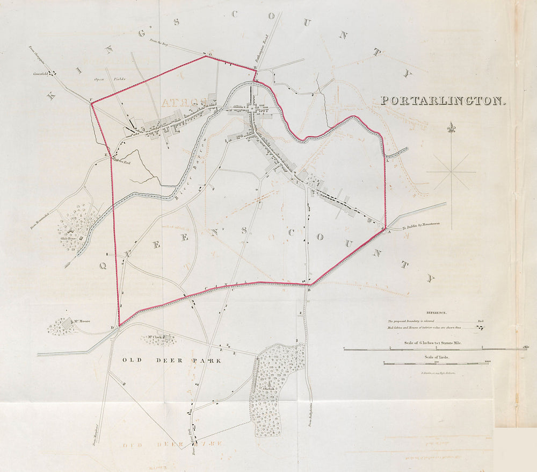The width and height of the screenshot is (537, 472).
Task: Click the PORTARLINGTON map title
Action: (x=444, y=101)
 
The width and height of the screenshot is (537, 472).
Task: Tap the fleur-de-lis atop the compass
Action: (x=451, y=128)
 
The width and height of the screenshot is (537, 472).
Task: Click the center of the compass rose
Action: (x=451, y=172)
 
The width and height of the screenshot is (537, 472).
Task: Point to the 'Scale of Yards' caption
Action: (x=436, y=357)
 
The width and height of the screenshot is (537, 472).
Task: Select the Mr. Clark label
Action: (x=155, y=338)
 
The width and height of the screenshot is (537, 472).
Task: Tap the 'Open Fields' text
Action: (x=110, y=79)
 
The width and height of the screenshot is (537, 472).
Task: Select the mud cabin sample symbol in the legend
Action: (x=481, y=327)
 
